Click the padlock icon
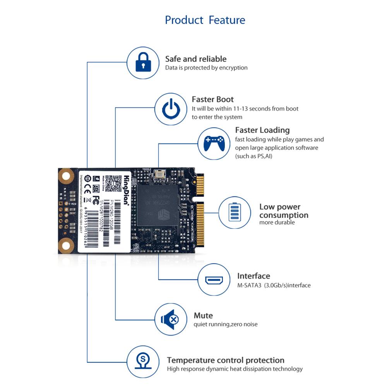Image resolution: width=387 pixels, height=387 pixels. click(144, 63)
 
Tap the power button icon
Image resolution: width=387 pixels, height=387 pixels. click(171, 110)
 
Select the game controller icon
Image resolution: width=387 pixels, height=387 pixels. click(214, 143)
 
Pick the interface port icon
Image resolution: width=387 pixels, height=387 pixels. click(214, 280)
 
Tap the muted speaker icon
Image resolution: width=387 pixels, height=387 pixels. click(171, 320)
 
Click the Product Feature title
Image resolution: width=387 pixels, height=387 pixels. click(205, 20)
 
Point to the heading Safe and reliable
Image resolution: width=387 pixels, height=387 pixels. click(196, 59)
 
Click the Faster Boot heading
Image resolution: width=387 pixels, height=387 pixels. click(212, 99)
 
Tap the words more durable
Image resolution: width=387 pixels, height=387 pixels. click(277, 223)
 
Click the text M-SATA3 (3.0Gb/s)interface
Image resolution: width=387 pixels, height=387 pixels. click(274, 286)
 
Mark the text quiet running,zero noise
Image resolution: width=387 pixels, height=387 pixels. click(225, 324)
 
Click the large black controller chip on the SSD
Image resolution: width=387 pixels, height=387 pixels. click(158, 205)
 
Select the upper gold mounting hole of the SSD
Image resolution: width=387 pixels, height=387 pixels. click(67, 176)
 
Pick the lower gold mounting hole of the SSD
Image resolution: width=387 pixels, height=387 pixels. click(67, 245)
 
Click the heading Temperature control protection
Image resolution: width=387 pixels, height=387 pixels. click(226, 360)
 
